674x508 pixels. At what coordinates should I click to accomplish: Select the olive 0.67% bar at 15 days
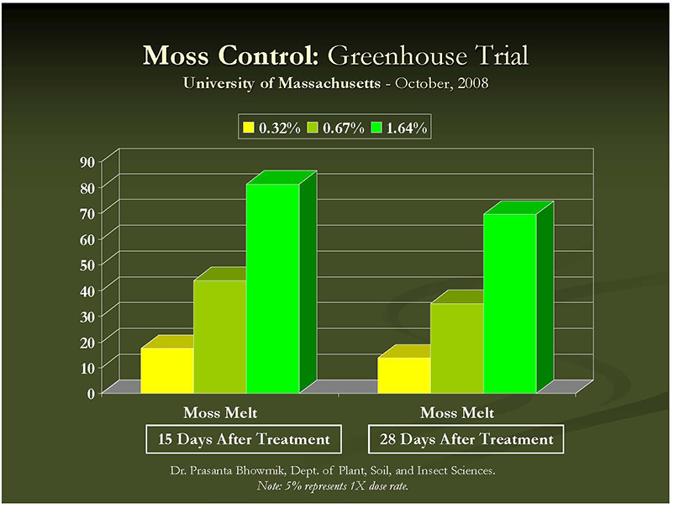tap(219, 336)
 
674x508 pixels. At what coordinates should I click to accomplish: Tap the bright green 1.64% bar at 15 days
tap(272, 288)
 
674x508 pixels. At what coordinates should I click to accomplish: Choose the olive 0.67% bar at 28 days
tap(456, 348)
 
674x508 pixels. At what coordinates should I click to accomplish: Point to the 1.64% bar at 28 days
tap(509, 303)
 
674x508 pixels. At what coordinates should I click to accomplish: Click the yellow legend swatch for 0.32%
tap(249, 128)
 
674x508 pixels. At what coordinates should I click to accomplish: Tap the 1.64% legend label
tap(407, 128)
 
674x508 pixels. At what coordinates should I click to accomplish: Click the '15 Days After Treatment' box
tap(245, 439)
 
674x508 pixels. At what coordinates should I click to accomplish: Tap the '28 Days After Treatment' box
tap(465, 439)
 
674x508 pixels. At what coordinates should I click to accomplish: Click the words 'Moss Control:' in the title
tap(232, 56)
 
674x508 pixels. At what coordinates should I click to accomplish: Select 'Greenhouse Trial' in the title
tap(428, 56)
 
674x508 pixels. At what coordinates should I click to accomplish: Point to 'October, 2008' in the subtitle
tap(442, 84)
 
